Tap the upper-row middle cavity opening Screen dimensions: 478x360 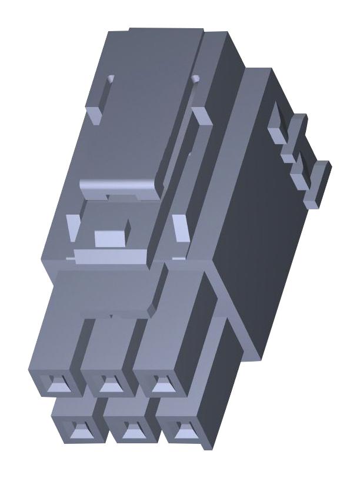108,385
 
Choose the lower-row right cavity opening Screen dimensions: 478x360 177,430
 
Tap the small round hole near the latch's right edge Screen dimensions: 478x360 196,77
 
